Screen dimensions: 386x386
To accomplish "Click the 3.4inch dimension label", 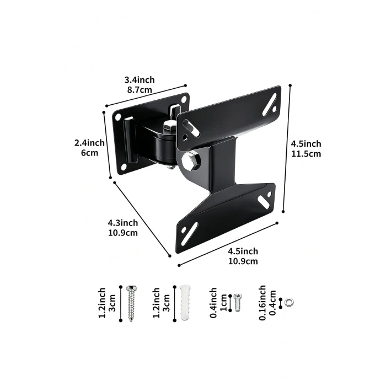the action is coord(140,80).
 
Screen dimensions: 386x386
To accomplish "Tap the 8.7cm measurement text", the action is coord(140,90).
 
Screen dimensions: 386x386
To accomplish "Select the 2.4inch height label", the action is coord(89,143).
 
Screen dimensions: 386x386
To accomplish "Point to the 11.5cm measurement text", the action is coord(306,154).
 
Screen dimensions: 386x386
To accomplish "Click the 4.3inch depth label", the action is coord(123,223).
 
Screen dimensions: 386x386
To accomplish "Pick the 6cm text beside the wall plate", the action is coord(89,153).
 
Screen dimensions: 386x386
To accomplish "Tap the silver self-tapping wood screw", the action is coord(131,303).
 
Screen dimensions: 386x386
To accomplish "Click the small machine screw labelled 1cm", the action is coord(238,303).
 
